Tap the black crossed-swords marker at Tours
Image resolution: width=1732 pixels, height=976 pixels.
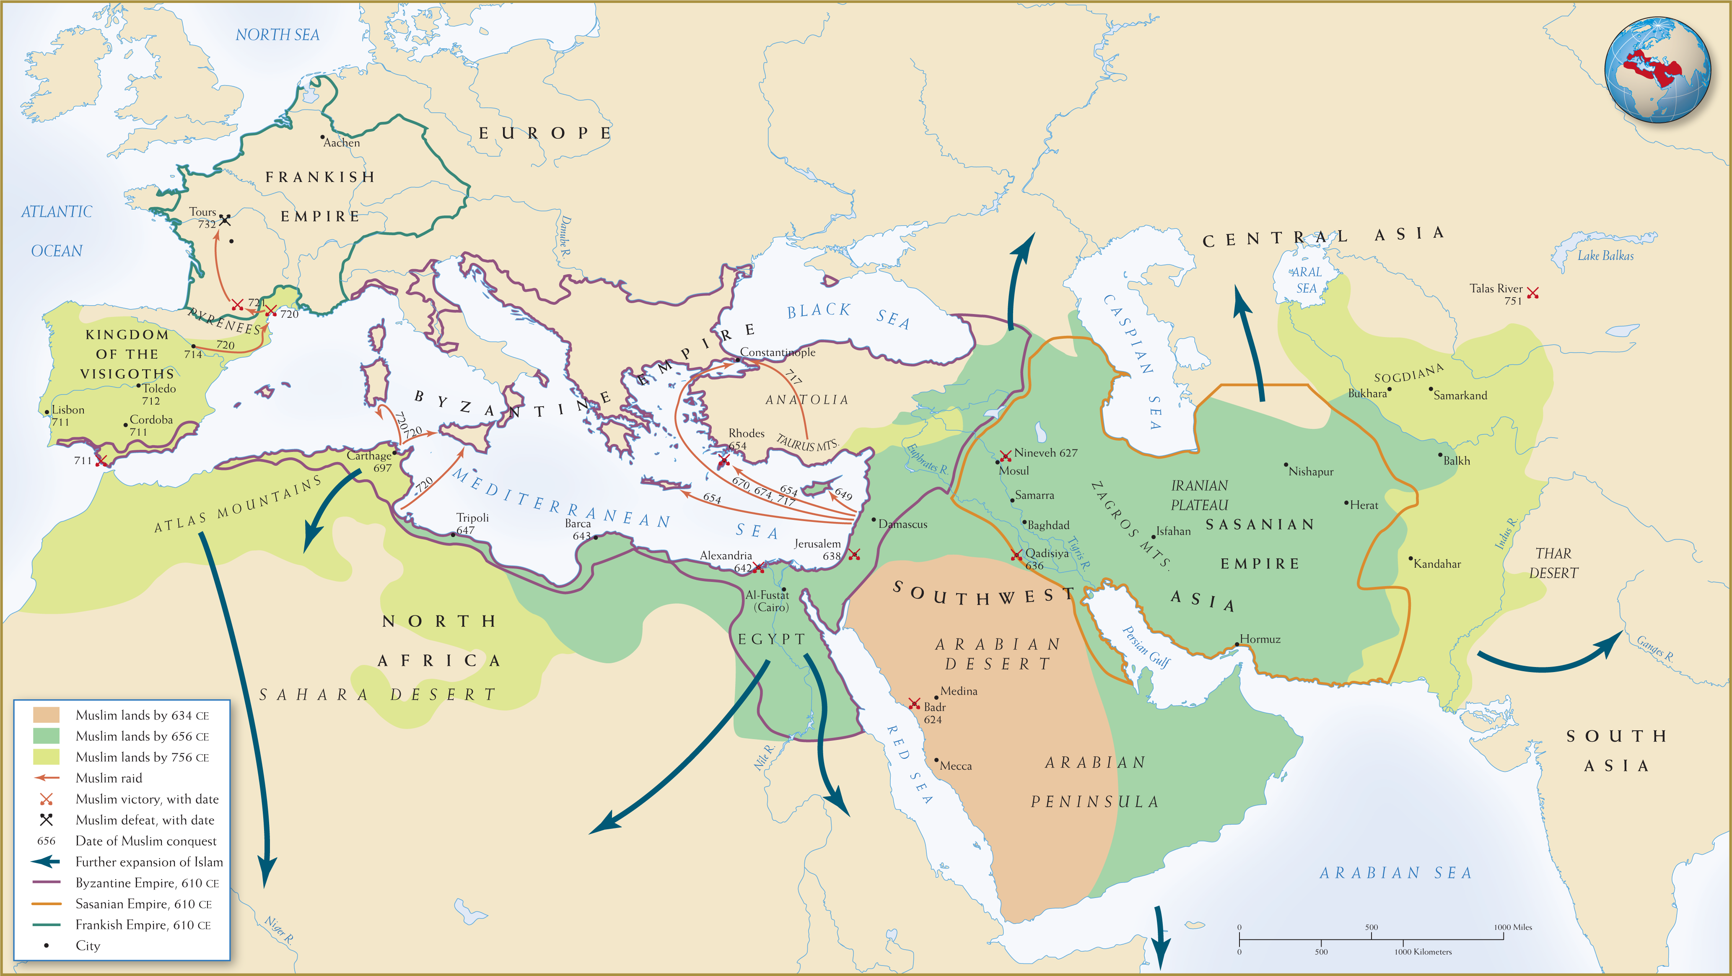coord(225,220)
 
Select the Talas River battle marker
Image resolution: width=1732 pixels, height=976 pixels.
coord(1533,293)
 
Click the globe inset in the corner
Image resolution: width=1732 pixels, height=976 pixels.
coord(1657,70)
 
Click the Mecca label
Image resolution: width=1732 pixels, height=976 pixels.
coord(955,766)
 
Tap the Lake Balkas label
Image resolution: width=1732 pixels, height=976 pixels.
coord(1605,256)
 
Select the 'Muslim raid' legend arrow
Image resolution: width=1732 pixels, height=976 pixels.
coord(47,778)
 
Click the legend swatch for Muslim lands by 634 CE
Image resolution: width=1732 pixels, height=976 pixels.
coord(47,715)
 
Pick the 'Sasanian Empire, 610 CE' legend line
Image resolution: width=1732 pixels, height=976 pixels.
coord(47,904)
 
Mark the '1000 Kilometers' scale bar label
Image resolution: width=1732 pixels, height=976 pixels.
coord(1423,952)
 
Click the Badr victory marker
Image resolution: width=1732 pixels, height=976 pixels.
coord(914,703)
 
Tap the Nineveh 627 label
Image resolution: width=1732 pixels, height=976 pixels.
coord(1045,453)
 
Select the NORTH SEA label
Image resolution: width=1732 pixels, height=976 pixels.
coord(277,35)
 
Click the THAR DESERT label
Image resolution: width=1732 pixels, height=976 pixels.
coord(1553,563)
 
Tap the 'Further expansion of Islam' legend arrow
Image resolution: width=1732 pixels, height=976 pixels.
coord(47,862)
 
